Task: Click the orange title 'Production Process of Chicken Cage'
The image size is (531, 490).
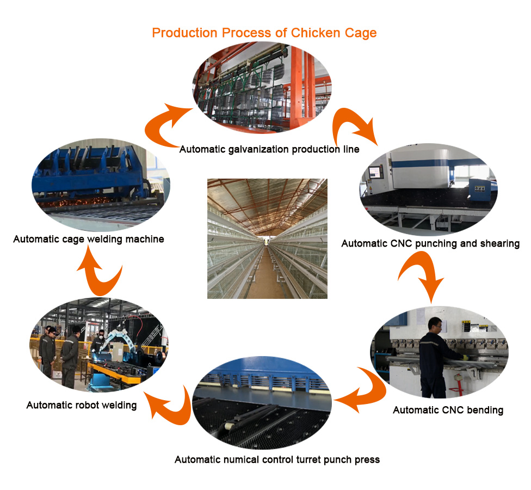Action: pyautogui.click(x=264, y=33)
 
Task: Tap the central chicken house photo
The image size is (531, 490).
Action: pyautogui.click(x=267, y=238)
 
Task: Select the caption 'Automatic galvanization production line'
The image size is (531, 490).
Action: pyautogui.click(x=269, y=149)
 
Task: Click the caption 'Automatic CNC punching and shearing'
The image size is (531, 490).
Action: pyautogui.click(x=430, y=244)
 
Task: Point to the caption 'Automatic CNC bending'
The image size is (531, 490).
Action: pyautogui.click(x=448, y=410)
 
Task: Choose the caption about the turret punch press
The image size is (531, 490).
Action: pyautogui.click(x=277, y=460)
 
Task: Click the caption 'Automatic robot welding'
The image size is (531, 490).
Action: pyautogui.click(x=82, y=405)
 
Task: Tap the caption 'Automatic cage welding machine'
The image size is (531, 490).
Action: pyautogui.click(x=88, y=239)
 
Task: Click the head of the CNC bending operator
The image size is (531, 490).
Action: pyautogui.click(x=435, y=325)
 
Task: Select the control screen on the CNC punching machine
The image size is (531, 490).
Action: pyautogui.click(x=375, y=172)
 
